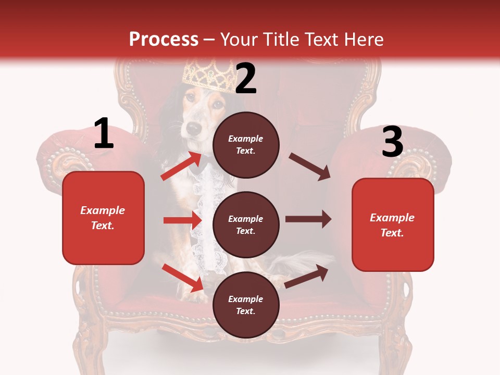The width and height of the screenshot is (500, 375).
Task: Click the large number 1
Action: tap(104, 133)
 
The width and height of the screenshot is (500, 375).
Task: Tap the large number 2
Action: tap(246, 79)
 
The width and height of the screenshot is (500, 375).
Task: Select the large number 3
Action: tap(392, 142)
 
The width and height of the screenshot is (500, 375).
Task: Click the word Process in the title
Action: tap(164, 39)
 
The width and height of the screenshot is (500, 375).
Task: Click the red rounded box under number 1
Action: tap(103, 218)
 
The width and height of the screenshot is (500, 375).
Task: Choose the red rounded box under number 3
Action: tap(393, 225)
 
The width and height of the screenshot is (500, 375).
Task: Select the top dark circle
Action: tap(246, 145)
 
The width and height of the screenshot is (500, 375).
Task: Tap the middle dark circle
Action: tap(246, 225)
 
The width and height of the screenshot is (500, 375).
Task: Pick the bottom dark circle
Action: tap(246, 305)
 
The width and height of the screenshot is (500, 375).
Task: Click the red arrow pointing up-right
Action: tap(182, 166)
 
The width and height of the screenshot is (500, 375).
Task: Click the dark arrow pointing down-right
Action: tap(310, 167)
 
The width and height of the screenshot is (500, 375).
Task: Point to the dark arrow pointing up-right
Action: tap(306, 277)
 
